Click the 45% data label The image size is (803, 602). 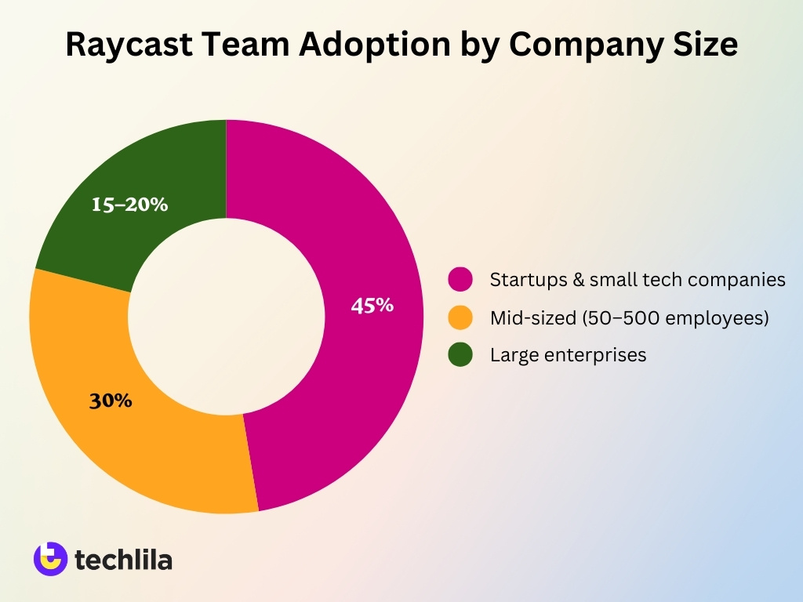click(372, 306)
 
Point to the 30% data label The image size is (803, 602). click(111, 401)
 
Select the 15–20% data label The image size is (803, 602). click(130, 205)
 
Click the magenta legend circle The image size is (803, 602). click(460, 279)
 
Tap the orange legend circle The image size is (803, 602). click(460, 317)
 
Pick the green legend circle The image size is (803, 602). click(460, 354)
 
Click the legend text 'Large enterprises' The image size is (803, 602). click(568, 355)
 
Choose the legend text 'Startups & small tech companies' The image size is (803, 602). click(638, 280)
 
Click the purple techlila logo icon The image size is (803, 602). click(49, 559)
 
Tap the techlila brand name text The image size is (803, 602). click(124, 560)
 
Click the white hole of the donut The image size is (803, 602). click(226, 317)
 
